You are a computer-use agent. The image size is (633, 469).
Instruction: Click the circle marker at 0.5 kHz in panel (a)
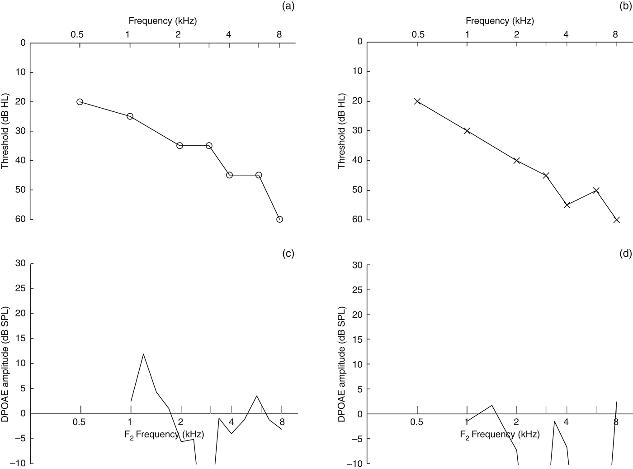(x=80, y=102)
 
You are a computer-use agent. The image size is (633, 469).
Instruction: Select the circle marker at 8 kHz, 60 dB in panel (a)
(x=279, y=219)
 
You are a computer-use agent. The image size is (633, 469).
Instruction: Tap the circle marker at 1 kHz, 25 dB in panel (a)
(x=130, y=116)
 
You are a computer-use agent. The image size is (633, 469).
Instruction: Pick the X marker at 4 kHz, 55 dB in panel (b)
(x=567, y=205)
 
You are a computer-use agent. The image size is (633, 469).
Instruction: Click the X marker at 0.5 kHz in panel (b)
(x=417, y=101)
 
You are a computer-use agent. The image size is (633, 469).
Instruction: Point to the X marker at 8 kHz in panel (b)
(x=616, y=220)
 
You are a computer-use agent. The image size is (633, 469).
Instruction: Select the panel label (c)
(x=288, y=254)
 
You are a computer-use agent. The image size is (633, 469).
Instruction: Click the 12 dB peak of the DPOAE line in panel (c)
(x=143, y=354)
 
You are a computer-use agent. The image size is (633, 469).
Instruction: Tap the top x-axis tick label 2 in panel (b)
(x=516, y=34)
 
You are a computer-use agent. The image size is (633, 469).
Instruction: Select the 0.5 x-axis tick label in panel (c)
(x=79, y=423)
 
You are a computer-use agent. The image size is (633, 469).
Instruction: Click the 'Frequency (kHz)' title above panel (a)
(x=163, y=20)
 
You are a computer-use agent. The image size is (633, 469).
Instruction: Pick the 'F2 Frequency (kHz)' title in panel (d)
(x=500, y=435)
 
